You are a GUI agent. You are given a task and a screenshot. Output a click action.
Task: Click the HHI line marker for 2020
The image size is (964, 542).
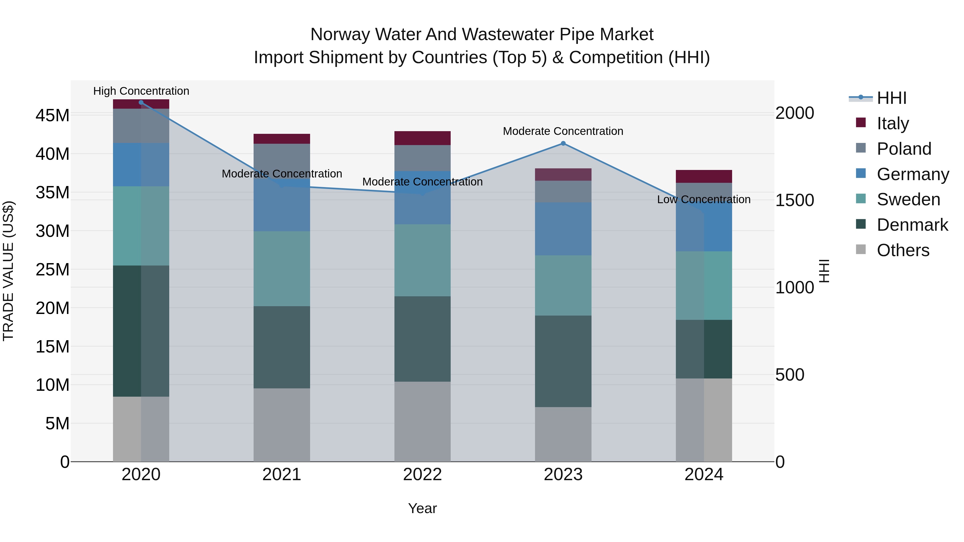click(141, 103)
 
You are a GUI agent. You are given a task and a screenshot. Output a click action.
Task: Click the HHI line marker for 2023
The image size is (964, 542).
click(563, 143)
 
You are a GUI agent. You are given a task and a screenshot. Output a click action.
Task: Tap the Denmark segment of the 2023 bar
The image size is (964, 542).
click(563, 361)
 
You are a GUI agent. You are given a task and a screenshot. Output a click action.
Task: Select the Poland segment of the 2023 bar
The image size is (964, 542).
click(563, 192)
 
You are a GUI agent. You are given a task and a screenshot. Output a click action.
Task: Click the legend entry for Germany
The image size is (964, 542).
click(912, 174)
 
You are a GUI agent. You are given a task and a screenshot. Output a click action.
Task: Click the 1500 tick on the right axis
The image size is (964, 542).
click(794, 200)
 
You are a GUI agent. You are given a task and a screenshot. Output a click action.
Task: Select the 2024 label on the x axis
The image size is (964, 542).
click(703, 475)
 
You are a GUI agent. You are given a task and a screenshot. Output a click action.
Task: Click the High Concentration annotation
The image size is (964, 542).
click(141, 91)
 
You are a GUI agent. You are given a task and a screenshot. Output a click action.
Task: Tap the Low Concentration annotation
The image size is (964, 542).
click(703, 199)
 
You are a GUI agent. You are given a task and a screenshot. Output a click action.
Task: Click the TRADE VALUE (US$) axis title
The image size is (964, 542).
click(8, 271)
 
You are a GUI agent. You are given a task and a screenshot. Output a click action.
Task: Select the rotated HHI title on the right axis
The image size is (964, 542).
click(824, 271)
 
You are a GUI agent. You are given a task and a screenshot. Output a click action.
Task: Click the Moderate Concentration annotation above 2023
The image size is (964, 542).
click(563, 131)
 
